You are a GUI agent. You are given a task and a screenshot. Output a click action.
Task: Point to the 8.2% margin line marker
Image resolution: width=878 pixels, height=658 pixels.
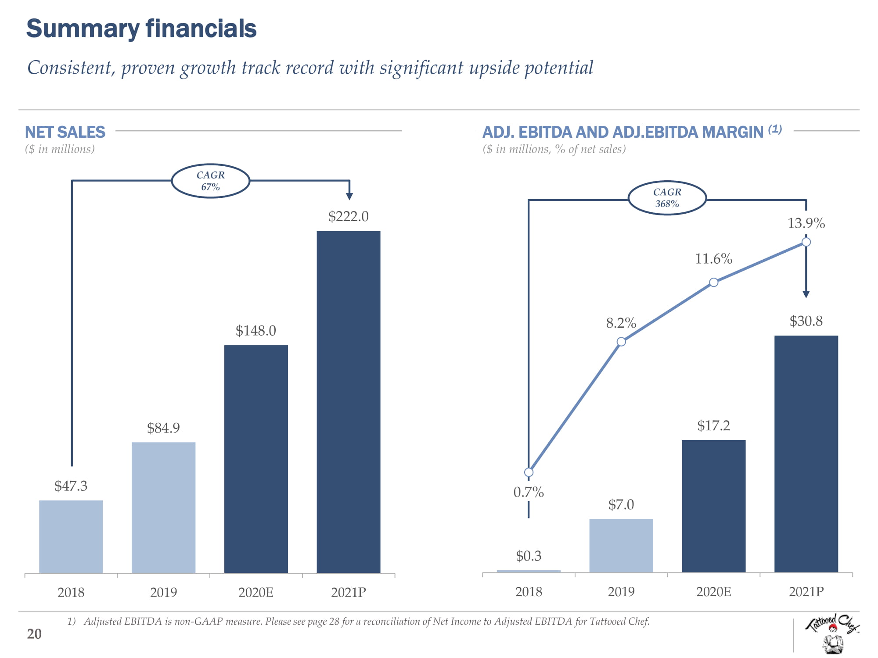pos(621,342)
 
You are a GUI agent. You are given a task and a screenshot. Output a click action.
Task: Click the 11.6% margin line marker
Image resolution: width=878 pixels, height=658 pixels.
pos(714,283)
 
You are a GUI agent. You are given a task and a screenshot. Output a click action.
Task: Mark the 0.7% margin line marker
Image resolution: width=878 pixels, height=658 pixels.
pos(529,472)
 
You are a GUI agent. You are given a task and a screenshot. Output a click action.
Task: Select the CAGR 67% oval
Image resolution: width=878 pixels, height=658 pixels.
pos(211,181)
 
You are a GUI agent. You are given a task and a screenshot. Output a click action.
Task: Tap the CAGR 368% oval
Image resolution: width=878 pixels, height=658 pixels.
pos(667,198)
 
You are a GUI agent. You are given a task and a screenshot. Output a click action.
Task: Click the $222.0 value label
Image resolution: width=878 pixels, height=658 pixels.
pos(349,216)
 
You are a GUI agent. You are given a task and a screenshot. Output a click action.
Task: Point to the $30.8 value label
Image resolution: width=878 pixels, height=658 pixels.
pos(806,321)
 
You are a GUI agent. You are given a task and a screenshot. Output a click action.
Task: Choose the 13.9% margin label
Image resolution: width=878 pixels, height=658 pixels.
pos(806,223)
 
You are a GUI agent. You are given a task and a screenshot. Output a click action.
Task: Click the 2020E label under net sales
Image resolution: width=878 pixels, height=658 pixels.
pos(256,593)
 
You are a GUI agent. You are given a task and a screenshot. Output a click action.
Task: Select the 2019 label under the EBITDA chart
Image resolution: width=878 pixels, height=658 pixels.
pos(621,592)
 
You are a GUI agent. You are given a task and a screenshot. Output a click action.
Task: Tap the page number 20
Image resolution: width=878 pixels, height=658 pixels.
pos(34,634)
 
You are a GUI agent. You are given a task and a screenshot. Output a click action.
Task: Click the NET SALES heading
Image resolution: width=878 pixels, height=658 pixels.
pos(65,132)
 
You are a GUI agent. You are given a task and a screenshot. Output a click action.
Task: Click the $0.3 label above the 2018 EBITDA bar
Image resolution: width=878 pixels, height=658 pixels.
pos(529,556)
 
